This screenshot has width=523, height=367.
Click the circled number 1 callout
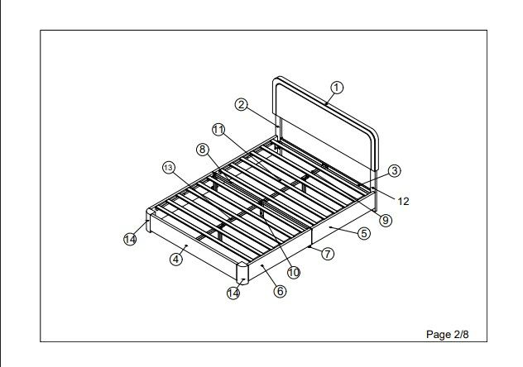337,88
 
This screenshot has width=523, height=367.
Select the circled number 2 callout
241,105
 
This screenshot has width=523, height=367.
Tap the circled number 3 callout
395,170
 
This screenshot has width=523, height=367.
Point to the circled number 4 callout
175,259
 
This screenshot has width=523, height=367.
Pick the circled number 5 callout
363,233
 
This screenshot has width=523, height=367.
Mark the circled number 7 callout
328,254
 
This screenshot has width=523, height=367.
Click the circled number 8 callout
202,150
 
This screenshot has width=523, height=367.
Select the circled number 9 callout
386,220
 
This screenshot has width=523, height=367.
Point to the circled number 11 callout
218,130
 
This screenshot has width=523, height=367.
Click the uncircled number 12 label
403,201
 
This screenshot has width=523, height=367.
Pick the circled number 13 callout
169,168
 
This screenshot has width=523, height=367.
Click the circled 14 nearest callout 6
235,292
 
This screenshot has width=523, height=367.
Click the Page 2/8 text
452,334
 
